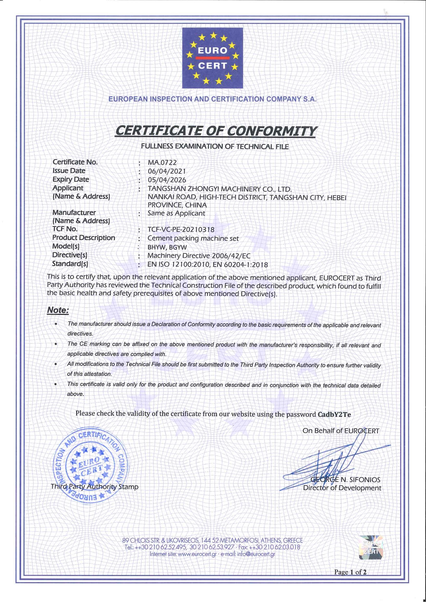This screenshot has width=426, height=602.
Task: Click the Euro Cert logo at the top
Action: click(x=212, y=58)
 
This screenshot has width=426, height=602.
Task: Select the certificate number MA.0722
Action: click(x=162, y=163)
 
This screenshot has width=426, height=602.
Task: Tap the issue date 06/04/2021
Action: click(x=167, y=172)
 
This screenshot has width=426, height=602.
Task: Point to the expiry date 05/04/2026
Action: click(x=167, y=180)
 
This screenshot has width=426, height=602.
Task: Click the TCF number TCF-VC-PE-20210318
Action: click(x=181, y=230)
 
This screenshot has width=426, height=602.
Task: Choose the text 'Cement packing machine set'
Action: click(x=193, y=238)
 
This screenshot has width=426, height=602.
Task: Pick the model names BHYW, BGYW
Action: click(x=167, y=247)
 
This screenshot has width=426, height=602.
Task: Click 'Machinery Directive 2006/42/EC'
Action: click(x=199, y=256)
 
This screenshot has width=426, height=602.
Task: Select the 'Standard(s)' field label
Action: click(x=70, y=263)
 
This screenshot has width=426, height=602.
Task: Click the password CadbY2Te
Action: click(x=334, y=414)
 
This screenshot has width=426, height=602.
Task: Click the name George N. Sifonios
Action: click(x=345, y=480)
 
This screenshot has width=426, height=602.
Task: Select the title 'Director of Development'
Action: click(x=342, y=488)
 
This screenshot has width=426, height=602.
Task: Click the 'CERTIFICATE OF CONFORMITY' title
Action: click(x=215, y=131)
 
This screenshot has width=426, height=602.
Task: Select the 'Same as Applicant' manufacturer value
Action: click(x=176, y=214)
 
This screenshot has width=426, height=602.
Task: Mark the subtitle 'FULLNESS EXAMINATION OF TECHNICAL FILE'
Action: click(x=215, y=147)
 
